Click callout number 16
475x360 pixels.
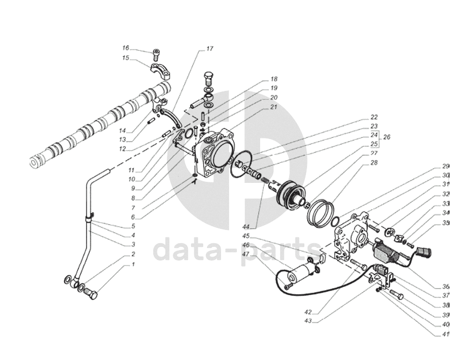[x=126, y=48]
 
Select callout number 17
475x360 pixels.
[x=210, y=49]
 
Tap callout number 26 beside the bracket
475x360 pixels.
[x=387, y=137]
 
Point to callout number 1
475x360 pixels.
[x=132, y=265]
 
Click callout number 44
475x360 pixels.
[x=245, y=227]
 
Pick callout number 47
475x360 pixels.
[x=246, y=254]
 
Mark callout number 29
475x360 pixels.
[x=445, y=166]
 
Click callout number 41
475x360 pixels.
[x=445, y=335]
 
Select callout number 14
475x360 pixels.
[x=122, y=131]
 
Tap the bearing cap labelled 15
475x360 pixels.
[x=161, y=71]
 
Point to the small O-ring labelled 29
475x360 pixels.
[x=335, y=222]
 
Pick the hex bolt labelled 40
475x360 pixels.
[x=396, y=294]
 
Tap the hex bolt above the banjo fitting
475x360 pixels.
[x=209, y=78]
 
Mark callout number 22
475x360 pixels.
[x=373, y=117]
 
